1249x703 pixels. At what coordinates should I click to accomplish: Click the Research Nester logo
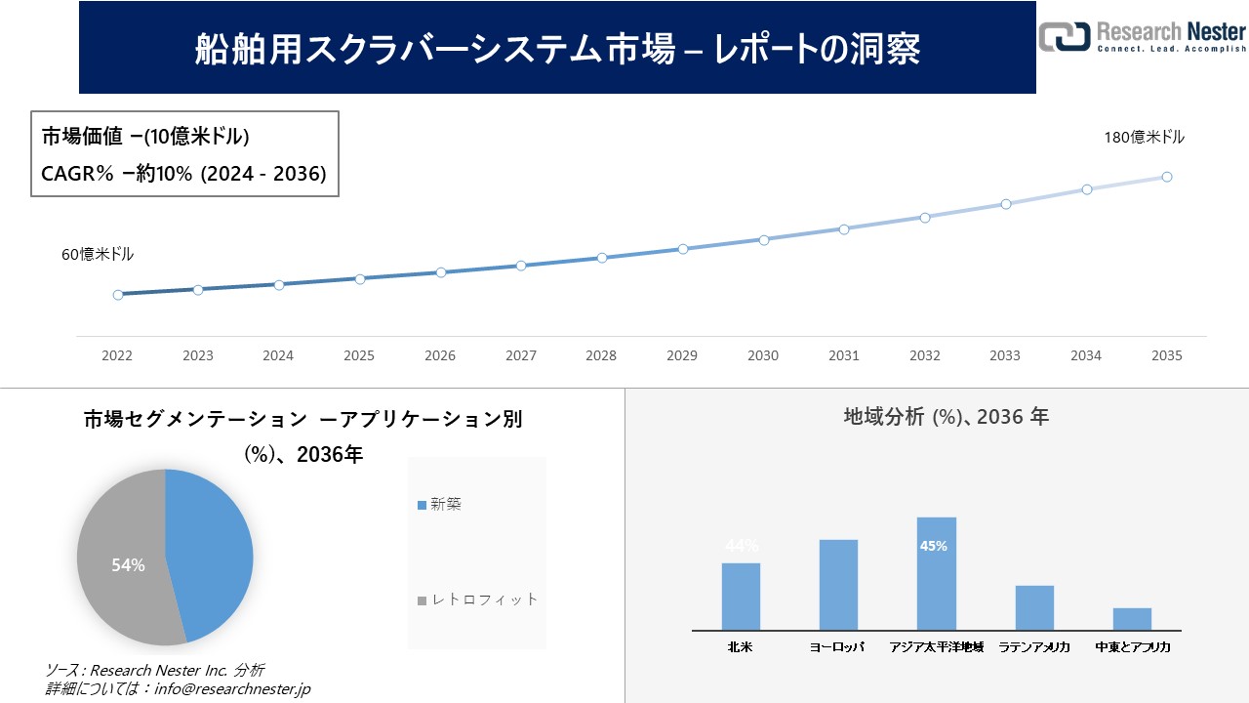pos(1142,37)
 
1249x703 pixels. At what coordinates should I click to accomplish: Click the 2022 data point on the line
pos(118,294)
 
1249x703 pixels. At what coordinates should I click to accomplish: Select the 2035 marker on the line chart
pos(1166,177)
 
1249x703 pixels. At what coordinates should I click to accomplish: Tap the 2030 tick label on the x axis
pos(763,355)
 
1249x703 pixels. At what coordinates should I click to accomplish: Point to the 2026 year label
pos(440,355)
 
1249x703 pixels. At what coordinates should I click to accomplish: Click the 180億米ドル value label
pos(1144,138)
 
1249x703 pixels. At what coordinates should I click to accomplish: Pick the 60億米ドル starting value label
pos(98,254)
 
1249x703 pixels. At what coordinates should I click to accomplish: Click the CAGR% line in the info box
pos(183,173)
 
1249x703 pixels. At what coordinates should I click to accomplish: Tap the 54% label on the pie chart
pos(128,565)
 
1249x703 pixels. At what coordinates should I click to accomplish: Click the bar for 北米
pos(741,597)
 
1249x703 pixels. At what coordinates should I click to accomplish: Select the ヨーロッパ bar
pos(838,585)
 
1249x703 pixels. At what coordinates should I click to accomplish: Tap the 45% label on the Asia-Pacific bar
pos(934,546)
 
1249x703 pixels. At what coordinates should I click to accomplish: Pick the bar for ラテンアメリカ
pos(1034,607)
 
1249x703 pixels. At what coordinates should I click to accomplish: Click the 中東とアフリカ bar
pos(1132,619)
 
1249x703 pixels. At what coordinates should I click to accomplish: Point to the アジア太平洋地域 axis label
pos(936,646)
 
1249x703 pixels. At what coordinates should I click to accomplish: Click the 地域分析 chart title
pos(946,417)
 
